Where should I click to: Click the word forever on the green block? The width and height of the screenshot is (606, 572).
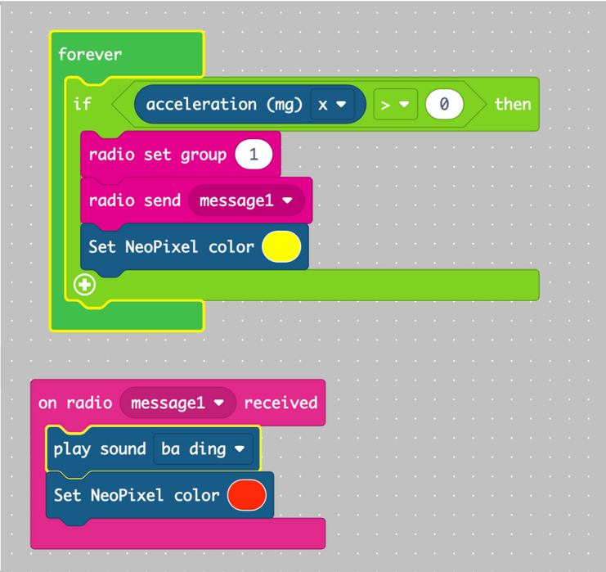90,54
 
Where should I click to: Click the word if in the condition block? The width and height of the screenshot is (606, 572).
83,104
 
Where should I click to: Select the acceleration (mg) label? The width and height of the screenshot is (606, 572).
224,104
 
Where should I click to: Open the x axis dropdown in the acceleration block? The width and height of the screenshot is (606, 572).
330,104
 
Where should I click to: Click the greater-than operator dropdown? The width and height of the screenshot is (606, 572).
395,104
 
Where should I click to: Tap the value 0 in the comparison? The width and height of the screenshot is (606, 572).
444,104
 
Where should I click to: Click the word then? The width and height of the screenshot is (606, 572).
512,104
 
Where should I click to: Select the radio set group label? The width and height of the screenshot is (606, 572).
157,155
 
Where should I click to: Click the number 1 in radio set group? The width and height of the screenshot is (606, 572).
254,155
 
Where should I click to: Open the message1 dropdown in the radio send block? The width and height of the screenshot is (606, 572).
246,200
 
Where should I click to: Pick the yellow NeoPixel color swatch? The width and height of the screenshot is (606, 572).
281,246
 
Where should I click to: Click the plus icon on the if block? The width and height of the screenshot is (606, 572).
84,285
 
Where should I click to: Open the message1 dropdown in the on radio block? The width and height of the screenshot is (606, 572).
177,403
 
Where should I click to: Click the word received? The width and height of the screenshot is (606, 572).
281,403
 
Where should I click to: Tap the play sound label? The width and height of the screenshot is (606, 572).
99,449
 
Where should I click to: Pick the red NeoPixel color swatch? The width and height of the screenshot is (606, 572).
247,495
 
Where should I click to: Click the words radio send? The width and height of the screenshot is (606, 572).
134,200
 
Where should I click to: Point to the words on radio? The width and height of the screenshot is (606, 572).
74,403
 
